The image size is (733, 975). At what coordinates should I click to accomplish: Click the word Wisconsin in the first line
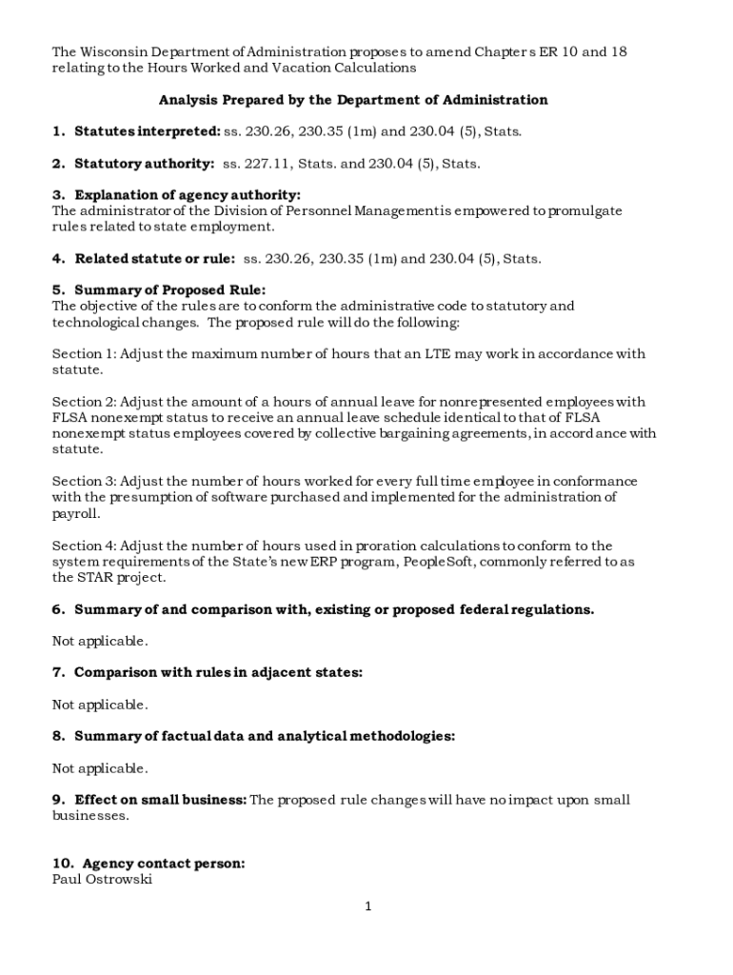112,51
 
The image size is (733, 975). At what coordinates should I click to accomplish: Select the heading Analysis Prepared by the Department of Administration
353,100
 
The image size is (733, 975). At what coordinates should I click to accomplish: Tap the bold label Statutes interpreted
147,131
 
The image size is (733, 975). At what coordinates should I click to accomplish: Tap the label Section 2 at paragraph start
83,402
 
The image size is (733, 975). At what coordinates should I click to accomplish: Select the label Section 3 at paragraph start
83,482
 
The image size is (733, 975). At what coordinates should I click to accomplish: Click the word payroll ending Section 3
75,513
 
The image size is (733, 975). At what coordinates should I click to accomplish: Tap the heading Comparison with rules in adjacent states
218,673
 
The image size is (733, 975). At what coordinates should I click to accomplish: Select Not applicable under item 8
100,768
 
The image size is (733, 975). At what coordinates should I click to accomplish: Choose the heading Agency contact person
163,865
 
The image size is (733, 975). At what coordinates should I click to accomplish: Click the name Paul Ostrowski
102,880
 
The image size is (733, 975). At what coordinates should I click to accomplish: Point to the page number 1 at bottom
367,907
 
